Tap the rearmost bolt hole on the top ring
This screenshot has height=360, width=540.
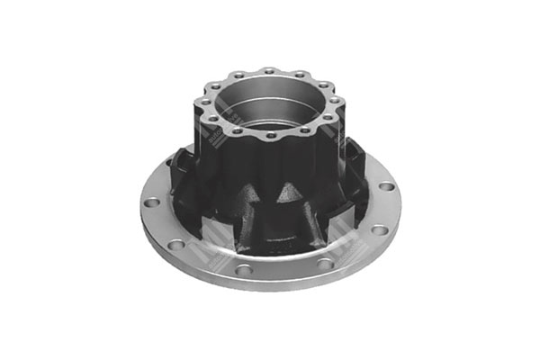coord(267,70)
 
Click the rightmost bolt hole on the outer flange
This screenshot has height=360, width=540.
coord(386,186)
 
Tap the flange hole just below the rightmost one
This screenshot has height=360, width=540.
coord(380,229)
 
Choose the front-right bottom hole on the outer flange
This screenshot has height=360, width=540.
coord(323,264)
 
